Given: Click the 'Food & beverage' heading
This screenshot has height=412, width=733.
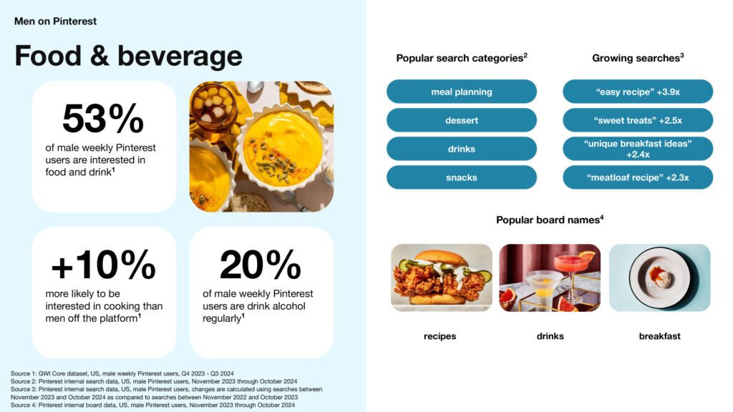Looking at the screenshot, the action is pos(129,57).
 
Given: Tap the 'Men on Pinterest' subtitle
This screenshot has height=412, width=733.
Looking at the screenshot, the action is pos(55,21).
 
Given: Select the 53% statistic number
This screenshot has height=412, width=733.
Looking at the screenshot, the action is pos(103,118).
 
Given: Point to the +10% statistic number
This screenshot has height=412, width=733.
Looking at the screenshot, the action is pos(103,265).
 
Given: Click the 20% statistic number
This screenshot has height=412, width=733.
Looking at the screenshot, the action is pos(261,265).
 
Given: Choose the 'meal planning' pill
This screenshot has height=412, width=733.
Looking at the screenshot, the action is pos(462,92).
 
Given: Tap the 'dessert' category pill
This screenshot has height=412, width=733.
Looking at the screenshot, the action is pos(462,120).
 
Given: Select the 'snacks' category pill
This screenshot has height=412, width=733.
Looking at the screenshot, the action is pos(462,177).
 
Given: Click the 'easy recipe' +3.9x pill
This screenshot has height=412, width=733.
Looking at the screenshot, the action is pos(638,92).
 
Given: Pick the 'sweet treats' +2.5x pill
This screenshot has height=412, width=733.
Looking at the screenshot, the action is pos(638,120).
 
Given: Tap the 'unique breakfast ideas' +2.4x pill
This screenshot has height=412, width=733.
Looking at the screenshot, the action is pos(638,149).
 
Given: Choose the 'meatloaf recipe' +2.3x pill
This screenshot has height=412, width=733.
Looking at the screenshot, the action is pos(638,177).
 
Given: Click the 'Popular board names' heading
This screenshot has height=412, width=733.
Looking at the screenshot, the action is pos(550,220).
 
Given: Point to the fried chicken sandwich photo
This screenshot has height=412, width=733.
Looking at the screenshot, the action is pos(442,278).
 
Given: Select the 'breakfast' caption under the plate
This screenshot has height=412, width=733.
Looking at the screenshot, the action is pos(659,336).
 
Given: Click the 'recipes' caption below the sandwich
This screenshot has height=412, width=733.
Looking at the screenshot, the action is pos(440,336).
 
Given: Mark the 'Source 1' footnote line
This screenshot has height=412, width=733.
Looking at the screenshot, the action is pos(122,373).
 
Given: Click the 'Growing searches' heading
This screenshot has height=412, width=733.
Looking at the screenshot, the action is pos(638,58).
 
